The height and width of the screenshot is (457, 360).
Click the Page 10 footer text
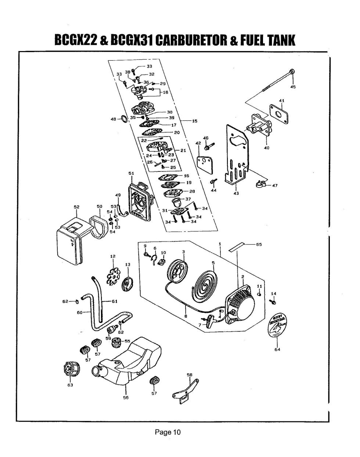(x=168, y=432)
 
